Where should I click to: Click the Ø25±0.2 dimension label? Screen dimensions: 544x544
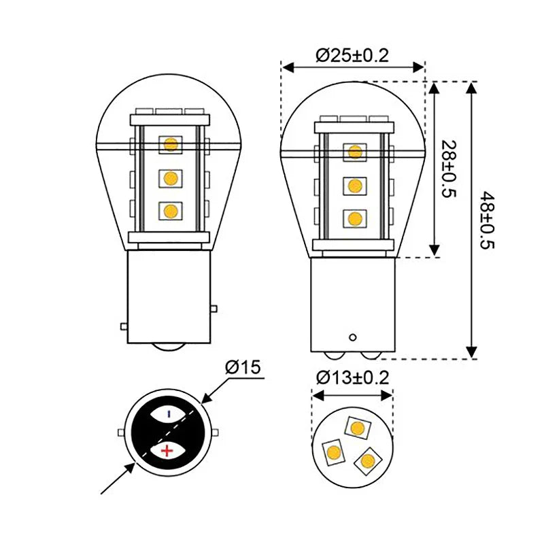tap(352, 55)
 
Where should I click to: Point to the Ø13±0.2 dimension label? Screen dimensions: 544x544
tap(353, 377)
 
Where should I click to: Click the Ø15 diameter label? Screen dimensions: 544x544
tap(243, 368)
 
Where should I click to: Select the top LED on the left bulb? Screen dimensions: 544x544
tap(170, 144)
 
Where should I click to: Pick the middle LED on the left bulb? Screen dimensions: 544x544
tap(170, 178)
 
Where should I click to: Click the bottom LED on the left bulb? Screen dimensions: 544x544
tap(170, 211)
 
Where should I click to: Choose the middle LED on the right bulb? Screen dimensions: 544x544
tap(354, 185)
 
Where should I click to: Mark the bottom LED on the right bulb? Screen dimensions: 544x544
tap(354, 218)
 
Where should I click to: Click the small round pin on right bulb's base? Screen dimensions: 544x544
tap(352, 337)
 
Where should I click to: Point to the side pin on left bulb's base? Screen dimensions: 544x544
tap(124, 326)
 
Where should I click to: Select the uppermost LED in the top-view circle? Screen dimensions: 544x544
tap(357, 427)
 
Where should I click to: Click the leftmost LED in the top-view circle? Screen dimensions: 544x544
tap(334, 452)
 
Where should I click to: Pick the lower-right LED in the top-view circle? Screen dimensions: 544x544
tap(367, 461)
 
